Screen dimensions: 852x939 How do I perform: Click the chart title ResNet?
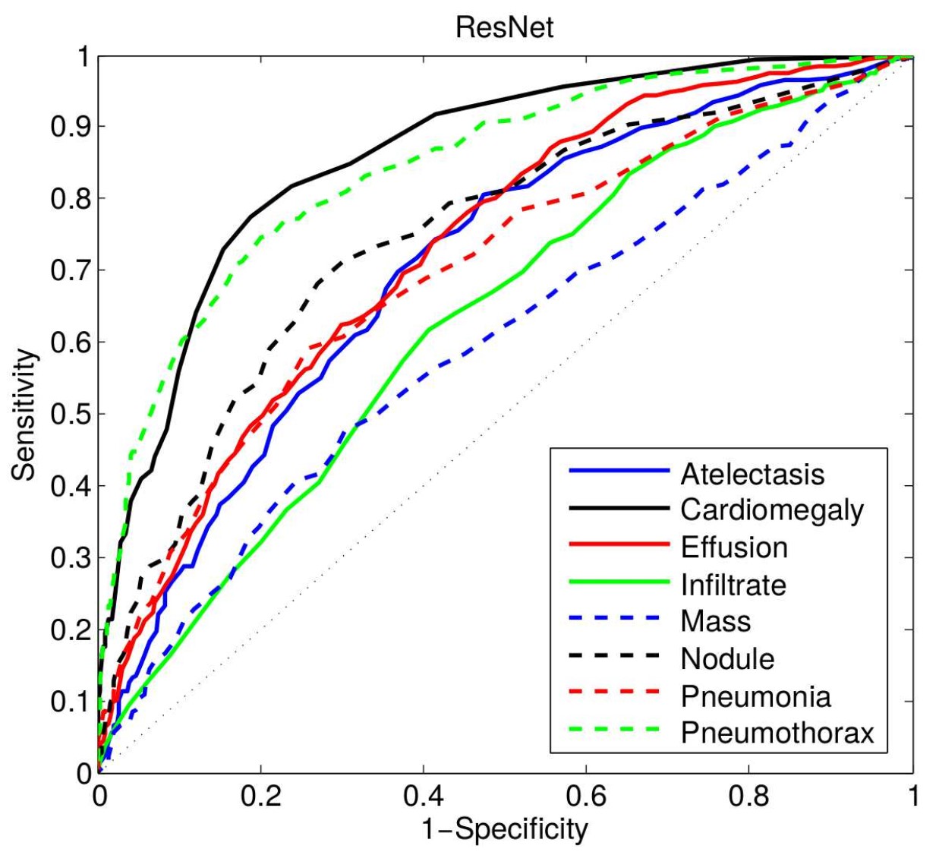504,27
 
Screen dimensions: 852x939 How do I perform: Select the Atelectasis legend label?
752,474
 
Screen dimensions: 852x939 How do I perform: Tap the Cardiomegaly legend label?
772,510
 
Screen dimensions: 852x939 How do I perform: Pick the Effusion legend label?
734,547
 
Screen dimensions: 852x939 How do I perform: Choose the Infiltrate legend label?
733,585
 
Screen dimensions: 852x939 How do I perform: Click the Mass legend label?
715,621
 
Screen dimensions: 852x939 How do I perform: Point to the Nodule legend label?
727,658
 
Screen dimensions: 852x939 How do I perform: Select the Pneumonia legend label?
755,696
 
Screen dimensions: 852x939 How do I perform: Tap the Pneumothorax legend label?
777,733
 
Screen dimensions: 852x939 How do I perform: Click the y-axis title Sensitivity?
24,415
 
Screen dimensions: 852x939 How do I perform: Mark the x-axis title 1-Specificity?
505,829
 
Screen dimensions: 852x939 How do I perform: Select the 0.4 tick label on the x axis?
423,796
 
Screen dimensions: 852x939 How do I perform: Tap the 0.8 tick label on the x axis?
748,796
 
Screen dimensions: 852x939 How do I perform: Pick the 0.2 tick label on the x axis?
260,796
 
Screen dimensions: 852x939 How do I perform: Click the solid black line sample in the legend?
619,509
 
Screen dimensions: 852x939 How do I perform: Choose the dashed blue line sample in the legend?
619,620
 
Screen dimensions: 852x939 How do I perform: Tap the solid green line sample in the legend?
619,583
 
